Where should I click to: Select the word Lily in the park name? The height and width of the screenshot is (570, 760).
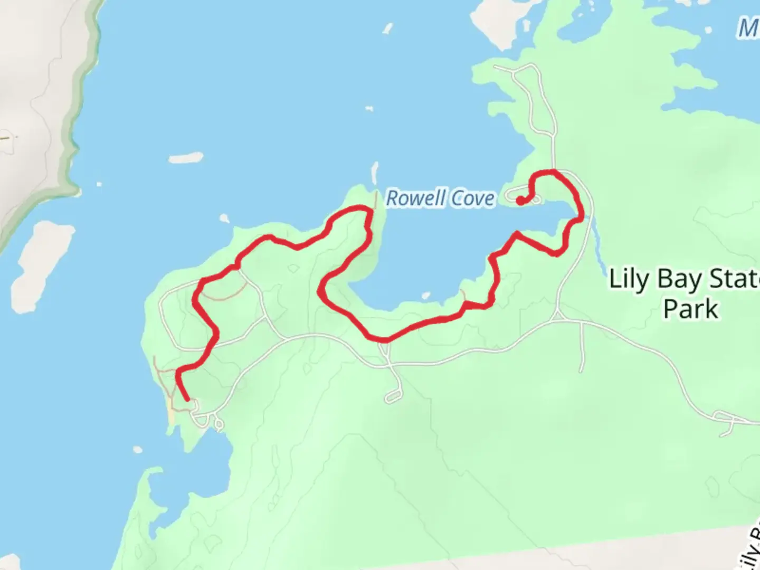(629, 279)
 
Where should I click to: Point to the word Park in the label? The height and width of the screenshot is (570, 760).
(690, 309)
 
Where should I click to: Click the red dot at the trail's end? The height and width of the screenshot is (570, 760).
(520, 201)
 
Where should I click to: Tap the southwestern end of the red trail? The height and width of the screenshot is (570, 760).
(187, 400)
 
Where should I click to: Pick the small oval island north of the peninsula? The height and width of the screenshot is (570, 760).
(186, 158)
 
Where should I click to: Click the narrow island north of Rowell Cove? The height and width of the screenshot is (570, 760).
(375, 172)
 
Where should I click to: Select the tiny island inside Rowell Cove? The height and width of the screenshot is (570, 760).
(426, 296)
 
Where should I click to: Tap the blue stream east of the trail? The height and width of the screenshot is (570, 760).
(598, 248)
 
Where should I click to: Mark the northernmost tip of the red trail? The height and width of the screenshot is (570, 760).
(549, 172)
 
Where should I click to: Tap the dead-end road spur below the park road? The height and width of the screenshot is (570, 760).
(582, 348)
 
